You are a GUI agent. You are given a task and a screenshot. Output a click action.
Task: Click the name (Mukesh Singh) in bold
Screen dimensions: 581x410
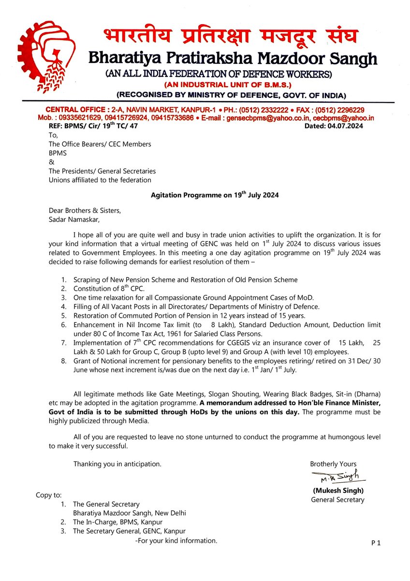(x=337, y=490)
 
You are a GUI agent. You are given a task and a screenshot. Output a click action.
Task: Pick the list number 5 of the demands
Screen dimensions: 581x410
(x=64, y=315)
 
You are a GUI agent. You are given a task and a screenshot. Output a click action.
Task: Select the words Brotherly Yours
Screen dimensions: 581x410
(x=333, y=464)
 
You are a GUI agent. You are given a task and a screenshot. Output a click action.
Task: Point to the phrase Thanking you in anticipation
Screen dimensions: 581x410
(x=117, y=464)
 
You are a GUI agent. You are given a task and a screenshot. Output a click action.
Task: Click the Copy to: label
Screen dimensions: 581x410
(x=49, y=495)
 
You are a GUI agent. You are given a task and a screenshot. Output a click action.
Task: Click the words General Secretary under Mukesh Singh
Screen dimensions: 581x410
(x=337, y=500)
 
